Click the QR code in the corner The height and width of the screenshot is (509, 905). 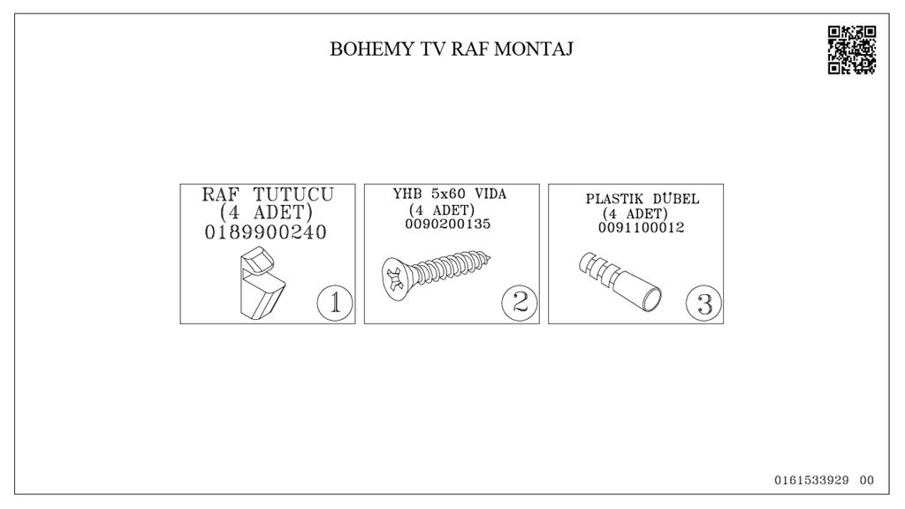coord(852,49)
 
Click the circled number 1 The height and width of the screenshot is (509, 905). coord(335,303)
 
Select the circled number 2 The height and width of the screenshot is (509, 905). coord(520,303)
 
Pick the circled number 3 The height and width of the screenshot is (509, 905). coord(704,303)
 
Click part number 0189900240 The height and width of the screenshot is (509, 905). coord(266,232)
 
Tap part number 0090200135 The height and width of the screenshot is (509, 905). coord(448,224)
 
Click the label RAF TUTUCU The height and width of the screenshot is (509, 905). coord(268,194)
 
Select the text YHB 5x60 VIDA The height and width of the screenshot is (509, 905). coord(450,194)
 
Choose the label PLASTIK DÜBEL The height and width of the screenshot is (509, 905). coord(643,199)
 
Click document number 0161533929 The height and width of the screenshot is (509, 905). coord(811,481)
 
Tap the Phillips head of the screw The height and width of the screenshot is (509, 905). coord(394,275)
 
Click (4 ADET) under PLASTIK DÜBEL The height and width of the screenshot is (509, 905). coord(635,214)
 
